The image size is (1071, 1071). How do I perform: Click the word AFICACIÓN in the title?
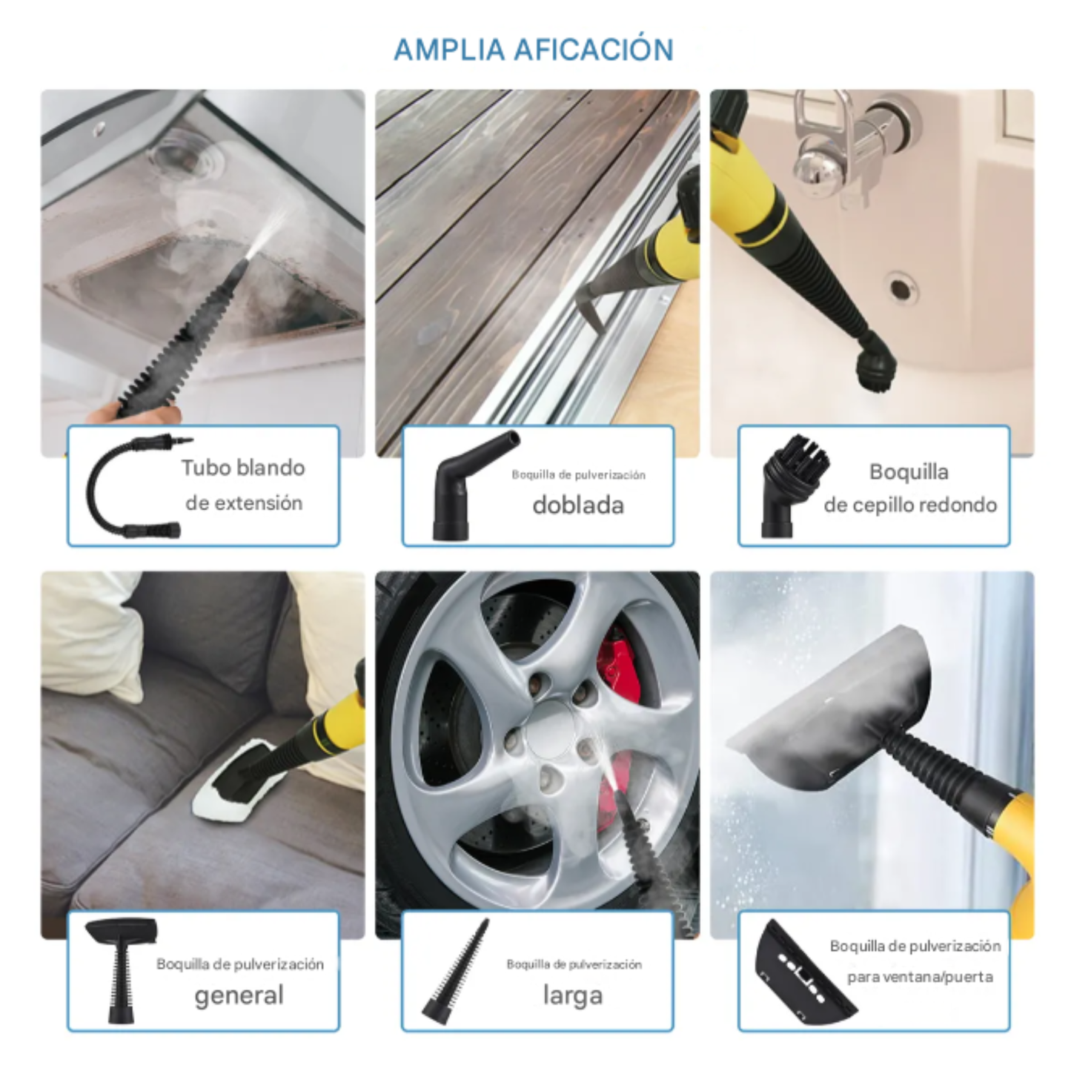point(593,50)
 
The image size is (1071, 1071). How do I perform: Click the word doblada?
point(578,505)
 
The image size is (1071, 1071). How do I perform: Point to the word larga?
point(572,995)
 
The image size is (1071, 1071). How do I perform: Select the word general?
point(239,995)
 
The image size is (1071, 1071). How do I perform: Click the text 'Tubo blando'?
point(243,468)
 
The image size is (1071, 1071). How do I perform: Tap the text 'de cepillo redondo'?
point(910,505)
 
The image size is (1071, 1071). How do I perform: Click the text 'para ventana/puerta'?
point(920,977)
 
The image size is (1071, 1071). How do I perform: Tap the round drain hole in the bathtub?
point(901,288)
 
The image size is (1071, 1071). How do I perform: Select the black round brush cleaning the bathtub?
point(875,363)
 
